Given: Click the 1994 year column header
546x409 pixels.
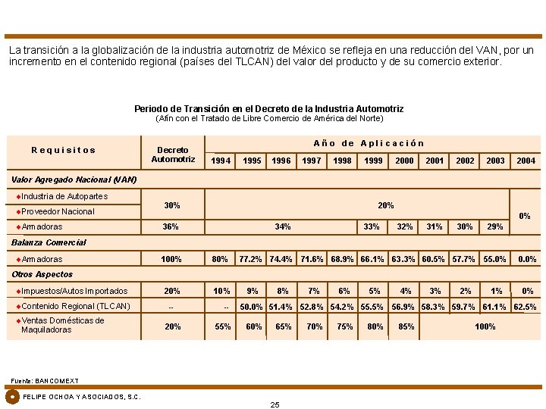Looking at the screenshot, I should pos(221,161).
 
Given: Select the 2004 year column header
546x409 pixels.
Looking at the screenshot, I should pos(526,161).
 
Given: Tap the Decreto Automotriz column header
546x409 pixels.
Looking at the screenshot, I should pos(173,155).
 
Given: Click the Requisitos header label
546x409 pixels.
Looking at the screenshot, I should pos(64,150).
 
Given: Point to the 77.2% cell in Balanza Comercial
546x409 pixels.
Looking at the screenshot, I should pos(251,259).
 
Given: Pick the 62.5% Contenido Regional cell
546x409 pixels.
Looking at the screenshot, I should pos(526,307).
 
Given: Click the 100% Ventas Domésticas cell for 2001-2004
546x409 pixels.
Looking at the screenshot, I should pos(485,326).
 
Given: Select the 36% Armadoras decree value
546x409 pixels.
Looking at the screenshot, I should pos(171,226).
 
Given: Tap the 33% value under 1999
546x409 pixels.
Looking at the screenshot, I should pos(372,226).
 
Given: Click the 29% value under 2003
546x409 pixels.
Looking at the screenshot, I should pos(494,226).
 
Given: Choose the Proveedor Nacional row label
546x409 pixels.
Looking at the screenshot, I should pos(58,211).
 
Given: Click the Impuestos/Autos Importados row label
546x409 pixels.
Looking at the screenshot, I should pos(74,291).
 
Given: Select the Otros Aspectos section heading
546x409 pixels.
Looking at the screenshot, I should pos(42,274).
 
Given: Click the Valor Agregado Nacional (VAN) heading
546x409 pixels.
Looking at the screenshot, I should pos(74,180).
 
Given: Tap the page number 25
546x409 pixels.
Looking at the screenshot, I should pos(275,404).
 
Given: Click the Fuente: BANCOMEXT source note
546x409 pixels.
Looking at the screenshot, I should pos(45,380).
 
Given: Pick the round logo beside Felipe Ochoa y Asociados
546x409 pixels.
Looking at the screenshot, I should pos(12,396).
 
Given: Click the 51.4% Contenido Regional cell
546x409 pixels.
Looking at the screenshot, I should pos(282,307).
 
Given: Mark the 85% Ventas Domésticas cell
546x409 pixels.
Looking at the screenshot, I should pos(406,326).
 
